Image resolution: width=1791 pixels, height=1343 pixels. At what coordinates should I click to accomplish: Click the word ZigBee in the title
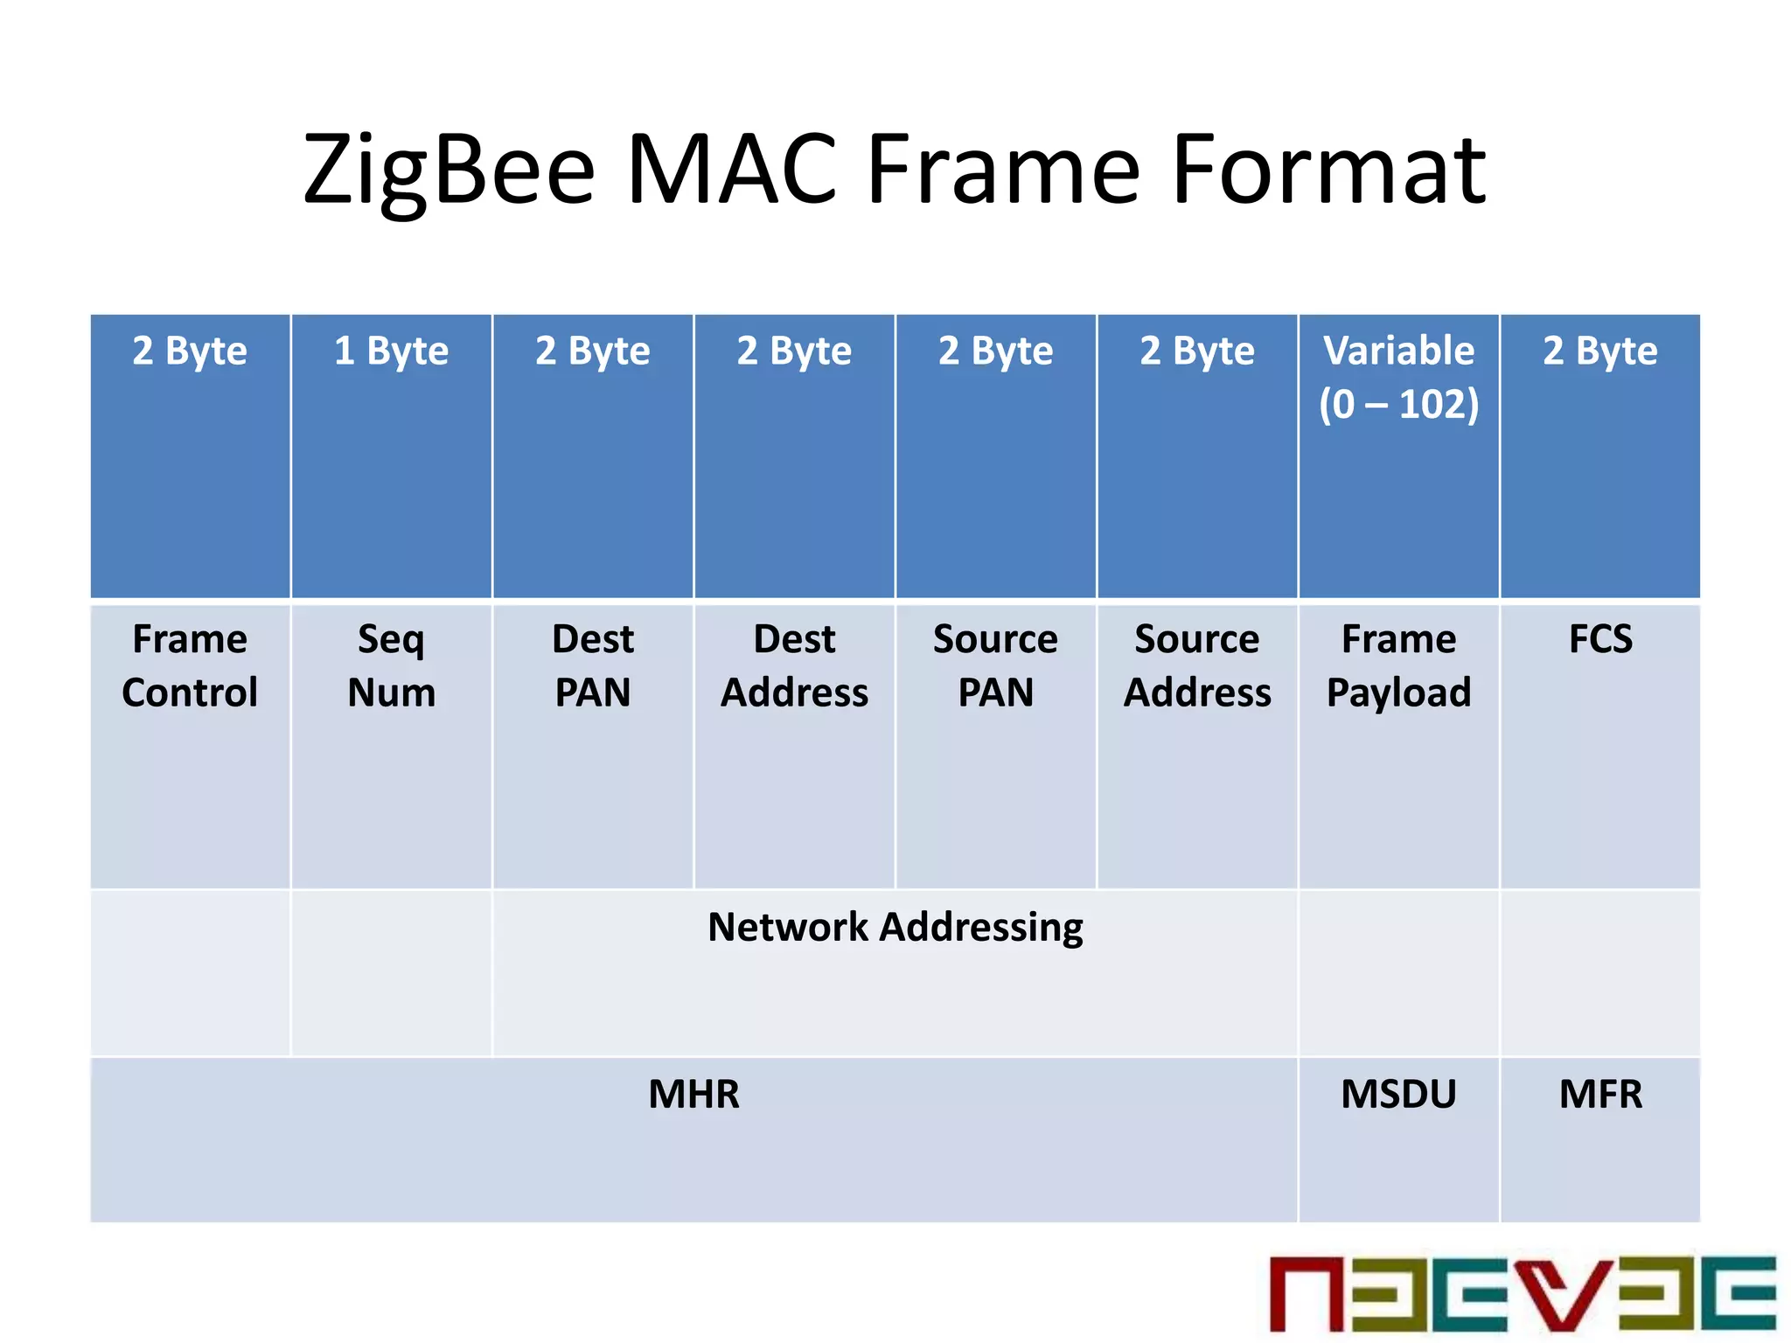click(449, 170)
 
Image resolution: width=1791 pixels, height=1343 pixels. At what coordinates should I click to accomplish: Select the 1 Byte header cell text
click(391, 351)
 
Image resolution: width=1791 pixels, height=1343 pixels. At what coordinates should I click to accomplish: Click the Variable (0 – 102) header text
click(1398, 377)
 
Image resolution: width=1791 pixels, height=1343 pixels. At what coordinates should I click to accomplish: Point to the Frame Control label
click(190, 665)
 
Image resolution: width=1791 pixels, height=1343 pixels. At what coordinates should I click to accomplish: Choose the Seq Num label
click(391, 665)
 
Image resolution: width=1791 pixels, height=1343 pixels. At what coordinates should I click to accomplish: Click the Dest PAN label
click(593, 665)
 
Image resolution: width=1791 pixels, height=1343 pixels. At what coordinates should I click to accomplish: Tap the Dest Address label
click(794, 665)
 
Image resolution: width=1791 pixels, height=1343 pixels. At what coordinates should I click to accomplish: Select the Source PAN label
click(995, 665)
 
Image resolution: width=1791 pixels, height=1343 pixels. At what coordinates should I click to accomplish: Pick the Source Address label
click(1197, 665)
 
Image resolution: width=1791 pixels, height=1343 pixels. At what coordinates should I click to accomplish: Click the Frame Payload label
click(1398, 665)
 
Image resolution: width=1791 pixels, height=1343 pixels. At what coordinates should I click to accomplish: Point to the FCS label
click(1600, 639)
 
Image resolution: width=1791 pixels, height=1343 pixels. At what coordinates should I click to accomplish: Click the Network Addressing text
click(895, 928)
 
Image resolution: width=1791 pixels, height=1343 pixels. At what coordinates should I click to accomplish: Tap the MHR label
click(693, 1095)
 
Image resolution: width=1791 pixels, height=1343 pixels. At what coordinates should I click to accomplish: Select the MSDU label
click(1398, 1095)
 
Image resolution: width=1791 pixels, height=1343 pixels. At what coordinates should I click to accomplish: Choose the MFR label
click(1600, 1095)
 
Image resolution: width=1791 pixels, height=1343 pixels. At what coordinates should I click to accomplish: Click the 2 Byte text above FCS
click(1600, 351)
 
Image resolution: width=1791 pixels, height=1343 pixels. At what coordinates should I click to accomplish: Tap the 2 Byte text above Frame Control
click(190, 351)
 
